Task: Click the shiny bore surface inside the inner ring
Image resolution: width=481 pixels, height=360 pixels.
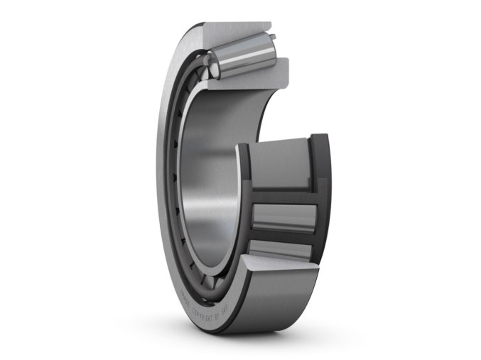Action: (213, 192)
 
